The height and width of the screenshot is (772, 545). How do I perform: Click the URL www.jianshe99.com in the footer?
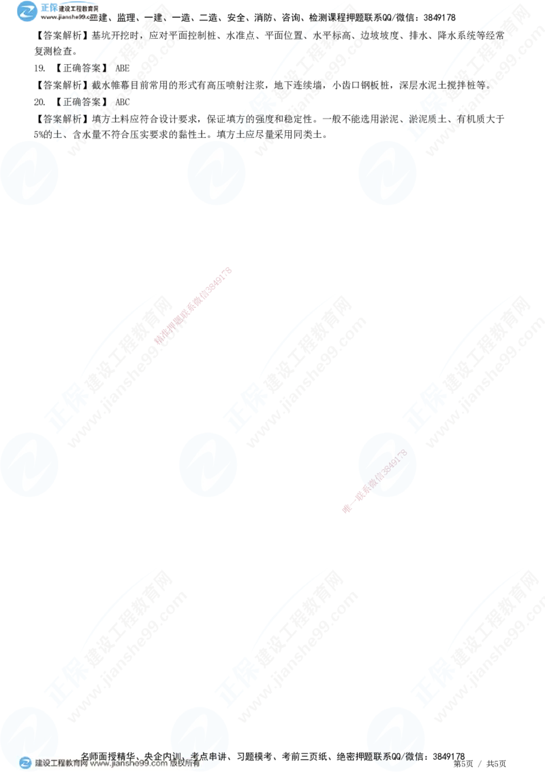point(129,764)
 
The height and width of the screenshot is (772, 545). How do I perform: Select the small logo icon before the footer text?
point(25,763)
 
